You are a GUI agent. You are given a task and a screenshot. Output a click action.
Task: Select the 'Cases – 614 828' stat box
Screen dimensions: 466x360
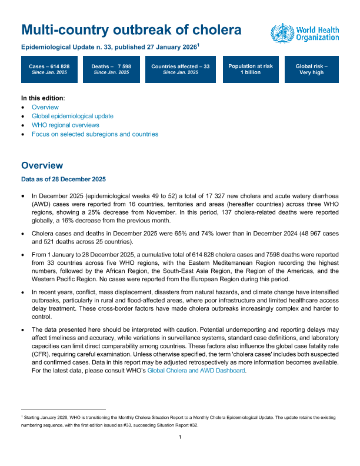(49, 70)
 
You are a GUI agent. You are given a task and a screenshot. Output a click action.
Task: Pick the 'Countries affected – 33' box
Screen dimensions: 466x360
(180, 70)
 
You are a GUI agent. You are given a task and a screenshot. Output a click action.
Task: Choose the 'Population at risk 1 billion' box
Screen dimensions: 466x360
(251, 70)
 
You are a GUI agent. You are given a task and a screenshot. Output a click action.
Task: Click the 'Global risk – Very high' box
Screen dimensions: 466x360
(312, 70)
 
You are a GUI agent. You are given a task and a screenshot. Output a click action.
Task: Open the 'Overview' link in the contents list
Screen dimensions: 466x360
(45, 107)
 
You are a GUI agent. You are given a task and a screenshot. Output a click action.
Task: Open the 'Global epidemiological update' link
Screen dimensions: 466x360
(72, 116)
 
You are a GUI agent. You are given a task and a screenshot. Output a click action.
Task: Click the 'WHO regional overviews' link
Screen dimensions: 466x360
(65, 125)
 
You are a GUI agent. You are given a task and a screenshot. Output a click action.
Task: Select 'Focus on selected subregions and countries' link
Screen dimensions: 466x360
(95, 134)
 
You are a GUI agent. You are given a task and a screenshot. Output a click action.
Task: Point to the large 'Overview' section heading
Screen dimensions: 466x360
(42, 165)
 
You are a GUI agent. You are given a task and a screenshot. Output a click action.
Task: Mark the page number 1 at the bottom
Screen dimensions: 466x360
(180, 453)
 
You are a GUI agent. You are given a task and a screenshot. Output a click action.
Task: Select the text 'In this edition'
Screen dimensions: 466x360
(42, 97)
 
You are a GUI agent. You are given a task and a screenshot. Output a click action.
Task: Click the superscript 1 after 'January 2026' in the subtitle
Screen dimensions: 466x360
(199, 44)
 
